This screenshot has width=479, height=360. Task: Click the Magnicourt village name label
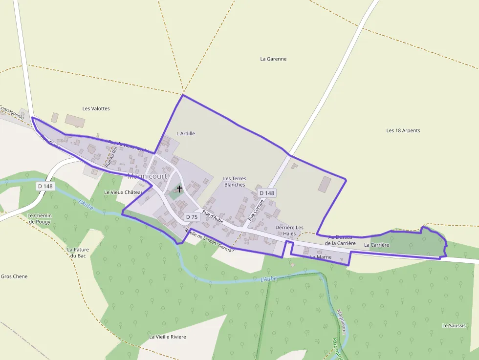click(x=147, y=176)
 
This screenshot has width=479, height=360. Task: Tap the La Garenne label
click(x=273, y=59)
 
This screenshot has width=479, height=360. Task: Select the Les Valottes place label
click(x=96, y=108)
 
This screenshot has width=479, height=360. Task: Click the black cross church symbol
click(x=179, y=189)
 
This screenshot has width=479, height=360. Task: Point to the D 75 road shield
click(x=192, y=217)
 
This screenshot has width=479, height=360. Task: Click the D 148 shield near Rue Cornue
click(x=267, y=193)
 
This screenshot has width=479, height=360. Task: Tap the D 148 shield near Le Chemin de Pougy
click(x=45, y=186)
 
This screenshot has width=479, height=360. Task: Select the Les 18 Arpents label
click(x=403, y=130)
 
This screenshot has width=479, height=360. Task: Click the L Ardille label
click(x=186, y=133)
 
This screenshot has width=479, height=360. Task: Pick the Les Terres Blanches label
click(x=235, y=182)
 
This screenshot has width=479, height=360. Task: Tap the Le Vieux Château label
click(x=122, y=192)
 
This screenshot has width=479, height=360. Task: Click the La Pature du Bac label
click(x=78, y=253)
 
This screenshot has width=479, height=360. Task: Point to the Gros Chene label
click(x=14, y=276)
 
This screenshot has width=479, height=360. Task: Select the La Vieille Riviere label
click(x=168, y=337)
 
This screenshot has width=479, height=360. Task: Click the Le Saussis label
click(x=454, y=325)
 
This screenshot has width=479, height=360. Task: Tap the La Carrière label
click(x=376, y=245)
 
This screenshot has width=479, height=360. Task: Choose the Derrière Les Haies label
click(x=289, y=231)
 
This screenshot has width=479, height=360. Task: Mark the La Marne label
click(x=321, y=257)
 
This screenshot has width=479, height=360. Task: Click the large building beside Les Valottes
click(x=75, y=121)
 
